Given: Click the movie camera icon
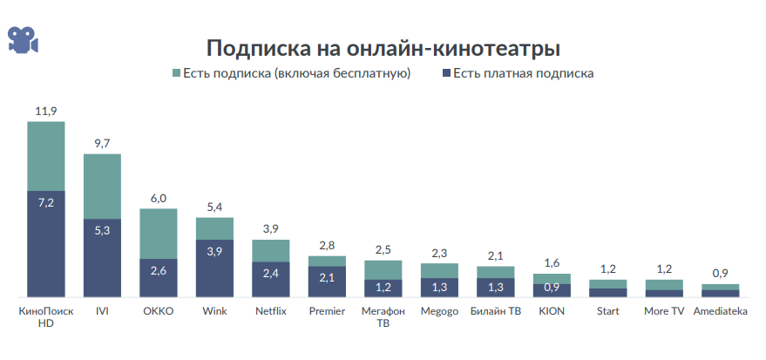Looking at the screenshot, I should point(23,38).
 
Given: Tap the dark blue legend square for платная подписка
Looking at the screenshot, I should point(445,74).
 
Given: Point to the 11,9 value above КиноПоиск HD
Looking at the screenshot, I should point(46,111).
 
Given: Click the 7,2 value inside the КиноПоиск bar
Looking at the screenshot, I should point(46,203).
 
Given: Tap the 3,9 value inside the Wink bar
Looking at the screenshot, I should point(214,251).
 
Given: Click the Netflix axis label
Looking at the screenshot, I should point(271,311).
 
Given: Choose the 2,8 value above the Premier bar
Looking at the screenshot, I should point(327,245).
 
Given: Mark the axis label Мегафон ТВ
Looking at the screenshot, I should point(383,316).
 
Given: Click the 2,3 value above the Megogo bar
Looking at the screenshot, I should point(439,253).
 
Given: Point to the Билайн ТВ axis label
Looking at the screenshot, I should point(495,311).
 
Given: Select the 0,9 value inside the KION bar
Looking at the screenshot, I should point(552,288).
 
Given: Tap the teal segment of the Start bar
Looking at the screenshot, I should point(607,283).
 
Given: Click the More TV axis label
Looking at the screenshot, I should point(664,311).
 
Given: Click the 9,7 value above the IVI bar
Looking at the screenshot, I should point(102,143).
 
